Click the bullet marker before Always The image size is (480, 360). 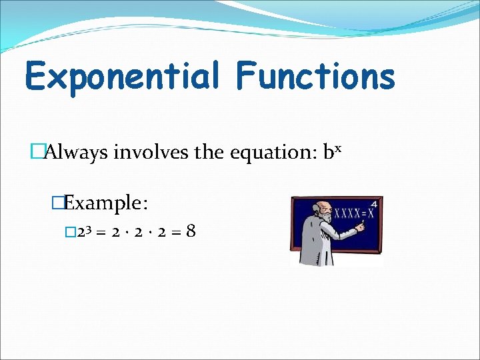click(37, 153)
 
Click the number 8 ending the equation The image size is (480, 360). click(191, 233)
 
